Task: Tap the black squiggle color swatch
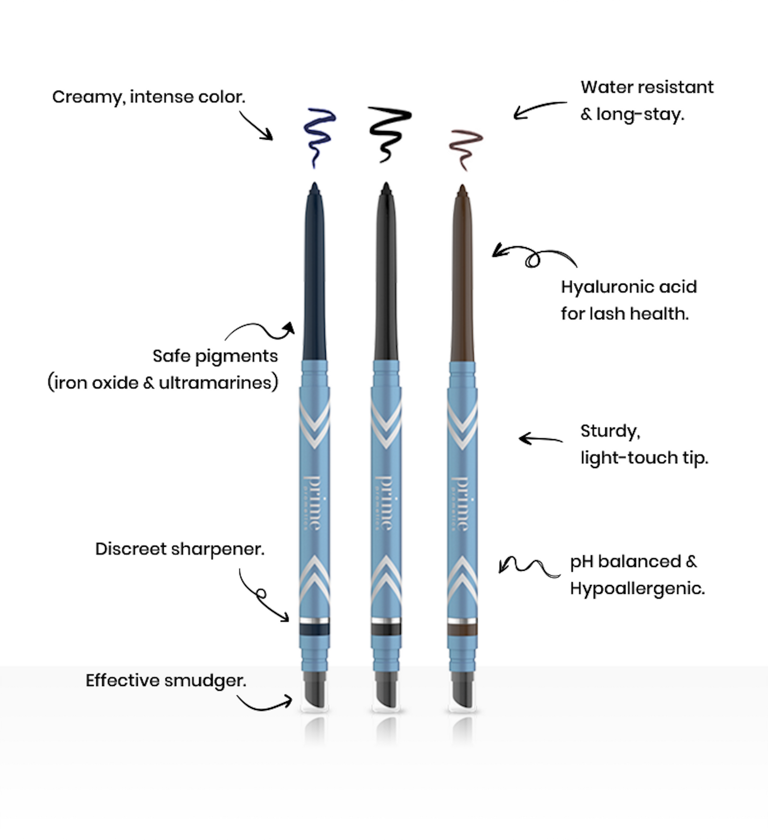click(388, 132)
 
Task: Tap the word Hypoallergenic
click(637, 588)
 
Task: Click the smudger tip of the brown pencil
click(463, 691)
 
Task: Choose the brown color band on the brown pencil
click(463, 629)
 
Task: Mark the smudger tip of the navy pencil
click(314, 691)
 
